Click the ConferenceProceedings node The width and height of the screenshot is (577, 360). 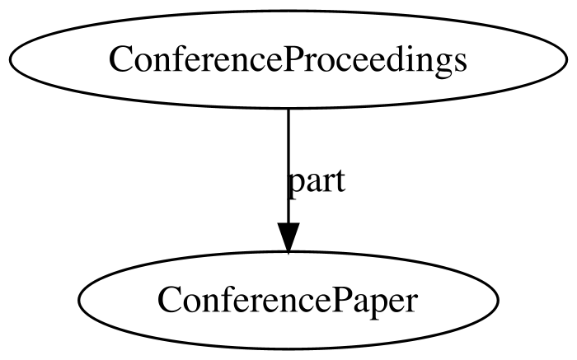point(288,59)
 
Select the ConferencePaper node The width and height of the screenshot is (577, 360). point(288,300)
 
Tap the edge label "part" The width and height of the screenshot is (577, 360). point(317,182)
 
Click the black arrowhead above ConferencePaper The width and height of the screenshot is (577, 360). point(288,237)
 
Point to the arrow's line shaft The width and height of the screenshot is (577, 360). point(288,166)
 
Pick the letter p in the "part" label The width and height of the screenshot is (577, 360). point(298,185)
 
